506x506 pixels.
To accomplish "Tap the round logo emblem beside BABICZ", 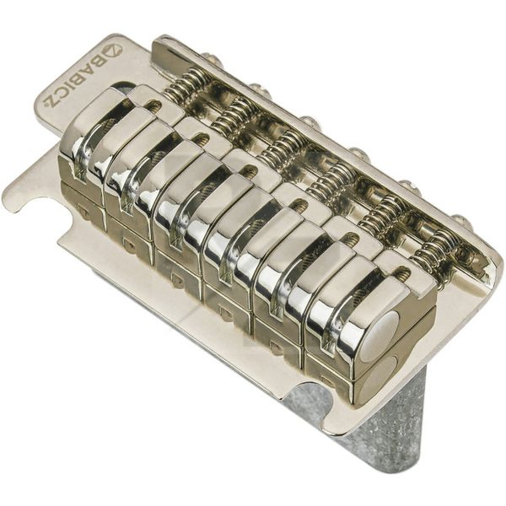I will [113, 50].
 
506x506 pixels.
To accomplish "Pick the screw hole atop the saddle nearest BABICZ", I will [153, 105].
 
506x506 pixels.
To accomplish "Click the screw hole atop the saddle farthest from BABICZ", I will [403, 272].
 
